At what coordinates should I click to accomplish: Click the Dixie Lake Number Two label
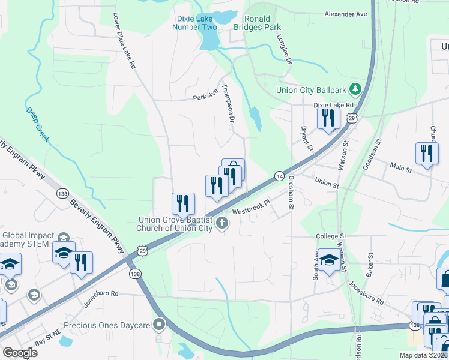tap(194, 23)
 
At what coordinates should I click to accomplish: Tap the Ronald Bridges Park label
tap(263, 23)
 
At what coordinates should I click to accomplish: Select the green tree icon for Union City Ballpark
tap(356, 90)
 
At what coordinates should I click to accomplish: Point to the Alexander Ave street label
tap(345, 13)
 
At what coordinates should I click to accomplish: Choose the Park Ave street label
tap(203, 97)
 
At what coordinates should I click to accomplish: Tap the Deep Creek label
tap(38, 125)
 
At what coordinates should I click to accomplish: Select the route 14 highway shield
tap(279, 176)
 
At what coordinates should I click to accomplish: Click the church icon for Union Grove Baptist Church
tap(222, 224)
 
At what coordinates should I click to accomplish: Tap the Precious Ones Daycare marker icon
tap(159, 325)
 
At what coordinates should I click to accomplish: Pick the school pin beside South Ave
tap(328, 260)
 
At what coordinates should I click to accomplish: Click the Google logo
tap(20, 353)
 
